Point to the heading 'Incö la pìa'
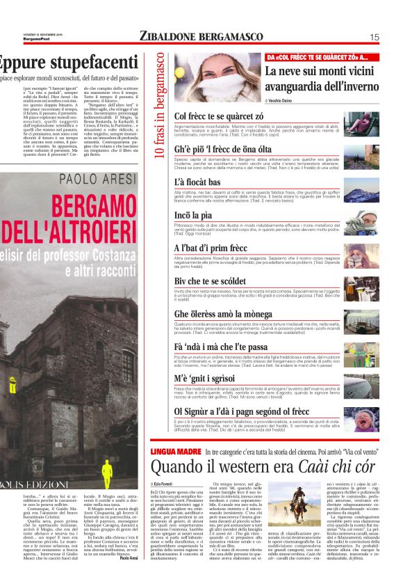[x=193, y=215]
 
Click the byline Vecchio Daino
[x=285, y=101]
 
